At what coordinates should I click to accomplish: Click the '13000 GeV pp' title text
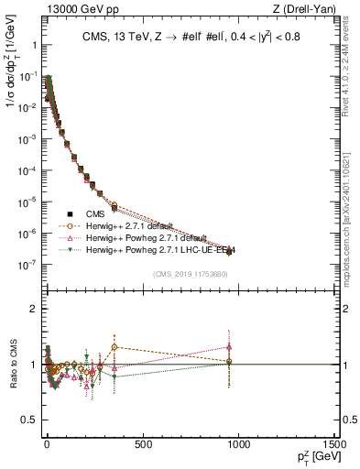(x=67, y=9)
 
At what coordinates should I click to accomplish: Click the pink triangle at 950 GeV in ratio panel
(x=229, y=346)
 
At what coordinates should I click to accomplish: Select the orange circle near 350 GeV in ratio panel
(x=114, y=347)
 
